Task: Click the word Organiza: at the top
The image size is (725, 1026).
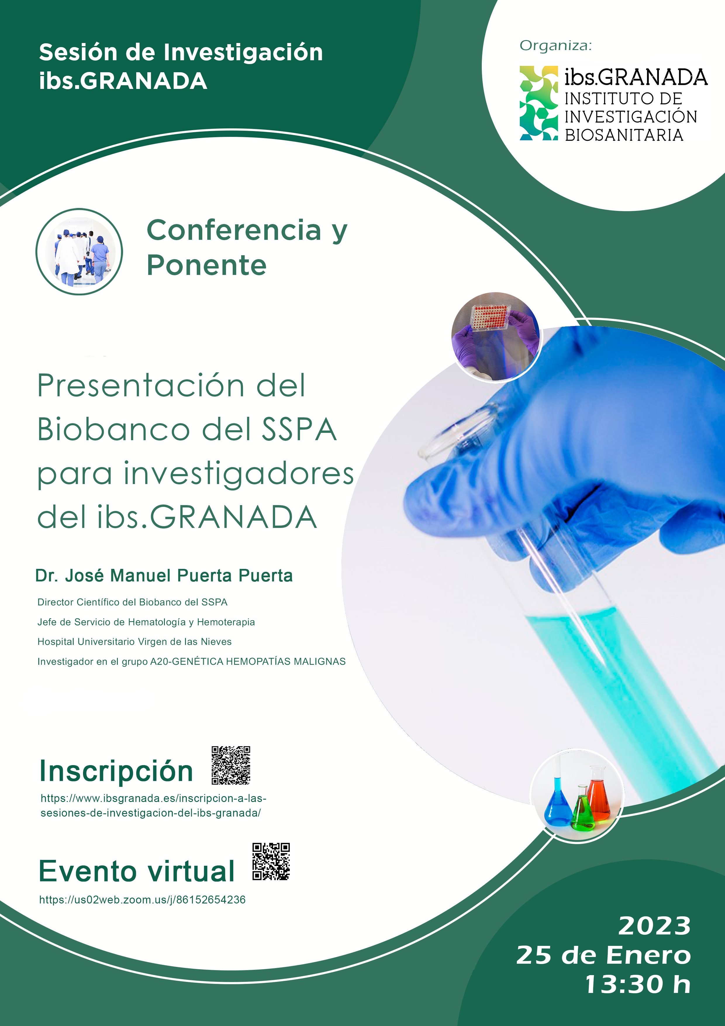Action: [x=555, y=46]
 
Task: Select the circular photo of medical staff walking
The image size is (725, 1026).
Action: [x=79, y=252]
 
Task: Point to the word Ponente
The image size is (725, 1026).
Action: [x=206, y=266]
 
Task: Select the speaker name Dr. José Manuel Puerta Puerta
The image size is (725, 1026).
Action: [x=164, y=576]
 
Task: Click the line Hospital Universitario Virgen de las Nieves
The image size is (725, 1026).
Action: [x=134, y=642]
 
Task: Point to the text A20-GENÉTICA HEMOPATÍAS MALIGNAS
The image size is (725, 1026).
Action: [x=248, y=661]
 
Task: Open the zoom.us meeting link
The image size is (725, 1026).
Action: [x=142, y=900]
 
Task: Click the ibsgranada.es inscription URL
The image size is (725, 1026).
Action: [x=153, y=805]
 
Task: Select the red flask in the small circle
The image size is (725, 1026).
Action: [x=599, y=796]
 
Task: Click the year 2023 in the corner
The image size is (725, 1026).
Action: [x=655, y=926]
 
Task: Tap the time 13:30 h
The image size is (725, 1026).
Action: [x=638, y=984]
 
